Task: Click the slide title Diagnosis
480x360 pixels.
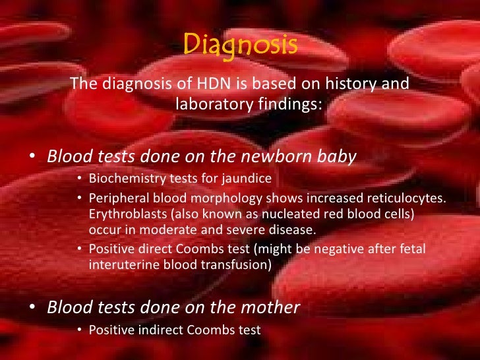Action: [x=239, y=45]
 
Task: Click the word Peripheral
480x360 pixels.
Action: [x=115, y=198]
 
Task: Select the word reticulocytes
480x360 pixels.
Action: [x=405, y=198]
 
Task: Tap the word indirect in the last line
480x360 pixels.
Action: [x=152, y=329]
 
